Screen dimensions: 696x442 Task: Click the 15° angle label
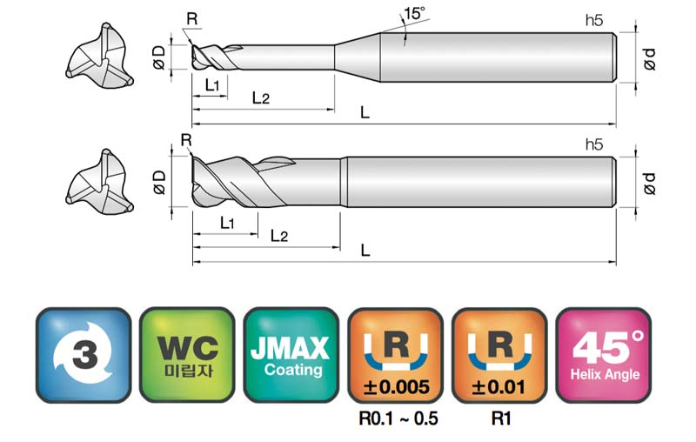pos(414,13)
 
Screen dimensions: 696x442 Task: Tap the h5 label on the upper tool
pos(594,20)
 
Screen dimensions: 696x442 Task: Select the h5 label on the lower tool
pos(594,144)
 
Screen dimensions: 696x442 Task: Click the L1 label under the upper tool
pos(212,84)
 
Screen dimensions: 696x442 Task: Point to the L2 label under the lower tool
pos(279,236)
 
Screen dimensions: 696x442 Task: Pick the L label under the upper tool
pos(365,113)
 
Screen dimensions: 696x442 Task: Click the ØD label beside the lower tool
pos(158,183)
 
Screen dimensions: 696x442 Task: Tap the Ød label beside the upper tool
pos(649,59)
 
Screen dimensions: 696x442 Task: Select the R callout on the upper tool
pos(191,19)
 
